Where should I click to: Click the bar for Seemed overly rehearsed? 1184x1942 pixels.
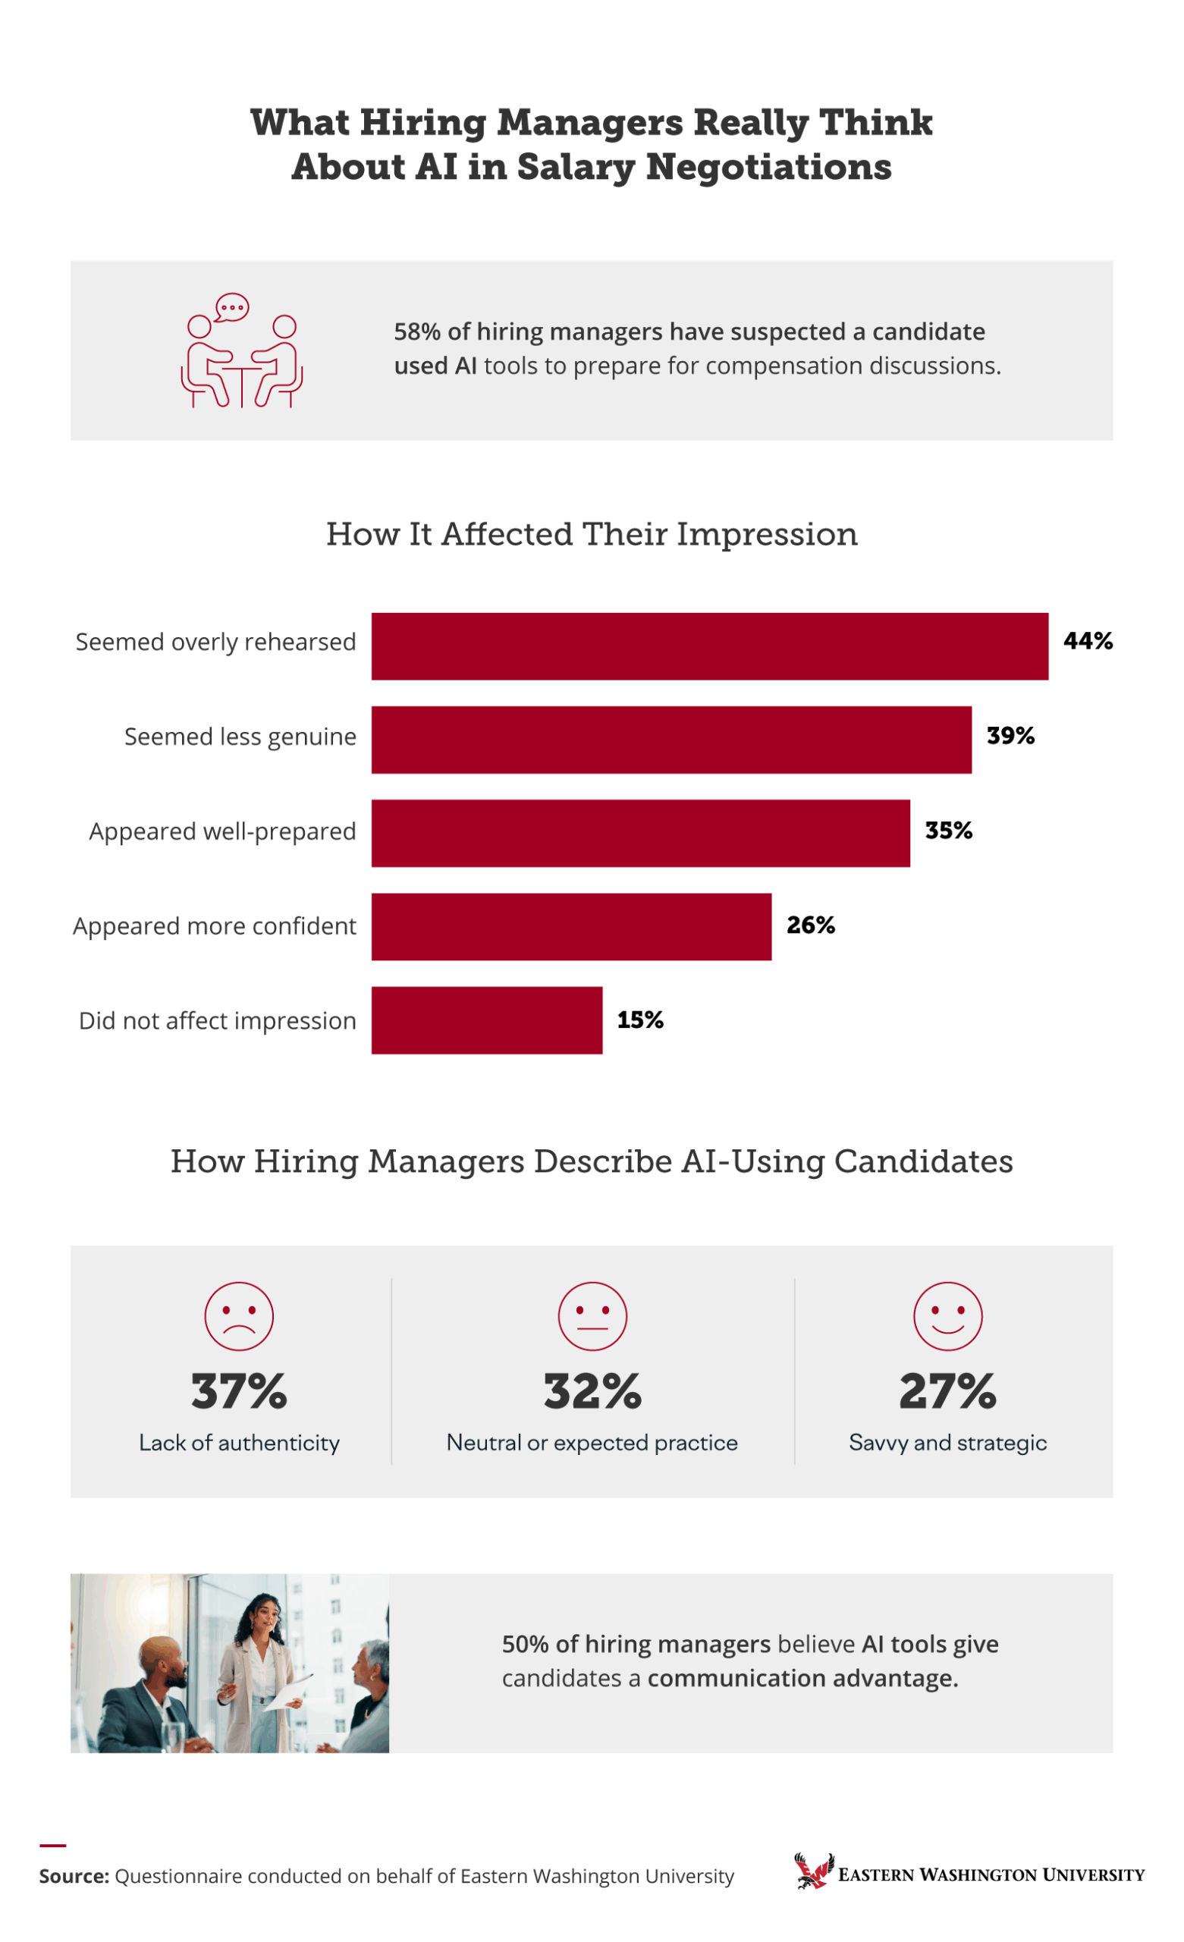(x=709, y=646)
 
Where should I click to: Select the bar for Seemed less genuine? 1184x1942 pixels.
(x=671, y=740)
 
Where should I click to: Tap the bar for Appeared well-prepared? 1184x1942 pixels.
(x=640, y=833)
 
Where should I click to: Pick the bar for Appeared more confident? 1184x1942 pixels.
(x=570, y=926)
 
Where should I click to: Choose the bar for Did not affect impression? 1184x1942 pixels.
(x=486, y=1020)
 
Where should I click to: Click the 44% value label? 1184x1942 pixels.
(x=1088, y=641)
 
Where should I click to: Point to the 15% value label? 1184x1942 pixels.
(x=639, y=1020)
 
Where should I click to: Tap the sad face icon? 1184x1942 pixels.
(x=239, y=1316)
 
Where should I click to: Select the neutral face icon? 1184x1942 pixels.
(x=592, y=1316)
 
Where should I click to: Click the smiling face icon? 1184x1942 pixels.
(x=947, y=1316)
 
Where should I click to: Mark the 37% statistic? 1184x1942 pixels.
(x=239, y=1391)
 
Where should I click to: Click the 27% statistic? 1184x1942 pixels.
(x=947, y=1391)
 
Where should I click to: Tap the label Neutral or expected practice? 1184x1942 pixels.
(x=592, y=1442)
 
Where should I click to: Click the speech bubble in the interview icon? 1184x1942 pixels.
(x=232, y=307)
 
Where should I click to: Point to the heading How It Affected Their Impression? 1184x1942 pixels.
(x=592, y=534)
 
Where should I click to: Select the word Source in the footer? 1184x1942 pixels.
(x=74, y=1877)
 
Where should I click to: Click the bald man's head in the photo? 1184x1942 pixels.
(x=163, y=1659)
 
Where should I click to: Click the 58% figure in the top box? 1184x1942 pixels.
(x=417, y=332)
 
